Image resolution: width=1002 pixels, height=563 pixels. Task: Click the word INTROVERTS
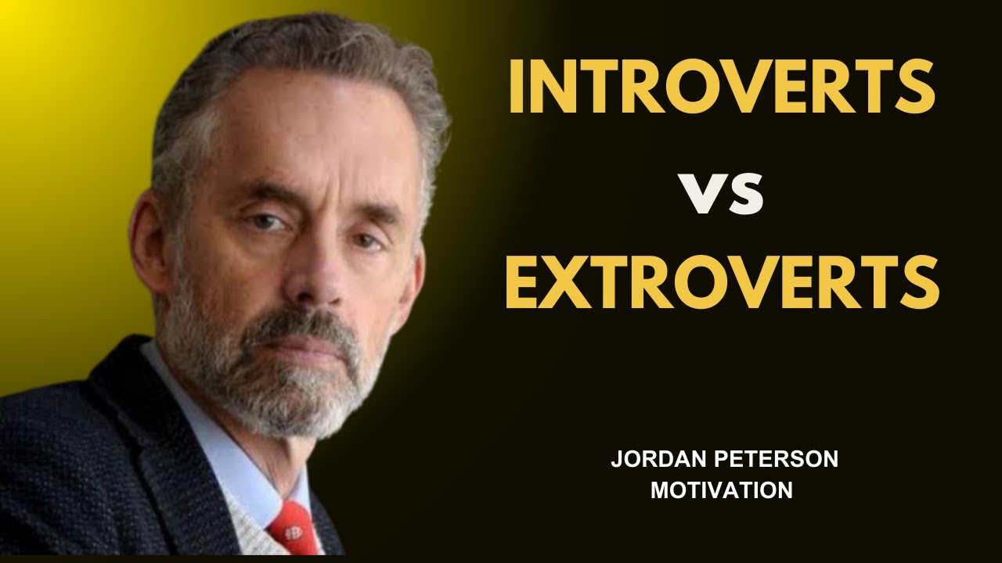pos(721,87)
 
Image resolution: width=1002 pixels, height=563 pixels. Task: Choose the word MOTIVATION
pos(722,490)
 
